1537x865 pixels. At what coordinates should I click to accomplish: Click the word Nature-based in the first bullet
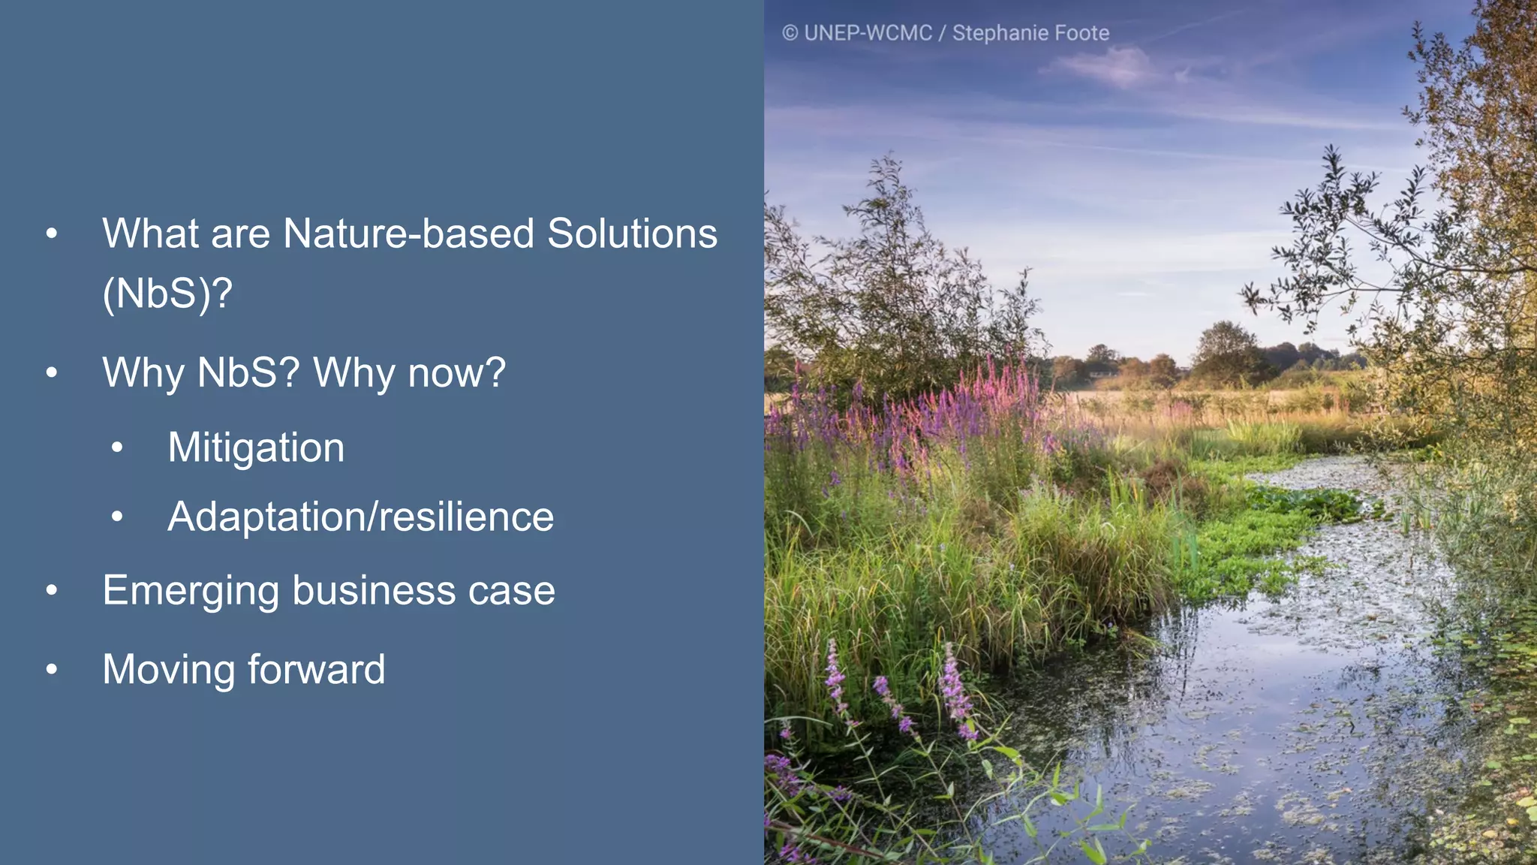click(x=408, y=234)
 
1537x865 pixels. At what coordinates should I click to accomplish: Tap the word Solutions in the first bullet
click(x=632, y=234)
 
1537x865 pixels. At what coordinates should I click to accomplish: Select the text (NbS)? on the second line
click(x=167, y=294)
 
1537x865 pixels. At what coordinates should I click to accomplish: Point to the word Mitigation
click(x=256, y=448)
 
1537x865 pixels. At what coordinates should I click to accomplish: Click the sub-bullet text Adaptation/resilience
click(x=360, y=517)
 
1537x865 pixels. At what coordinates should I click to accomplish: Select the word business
click(x=373, y=591)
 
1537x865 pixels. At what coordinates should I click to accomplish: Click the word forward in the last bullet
click(x=316, y=669)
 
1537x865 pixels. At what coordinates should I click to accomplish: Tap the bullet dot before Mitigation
click(x=117, y=448)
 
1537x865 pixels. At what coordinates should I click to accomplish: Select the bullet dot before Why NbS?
click(x=51, y=372)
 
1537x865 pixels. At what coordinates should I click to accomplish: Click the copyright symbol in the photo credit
click(x=790, y=33)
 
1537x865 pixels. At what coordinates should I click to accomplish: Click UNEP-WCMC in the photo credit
click(x=868, y=33)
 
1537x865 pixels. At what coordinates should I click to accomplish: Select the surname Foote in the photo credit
click(x=1081, y=33)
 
